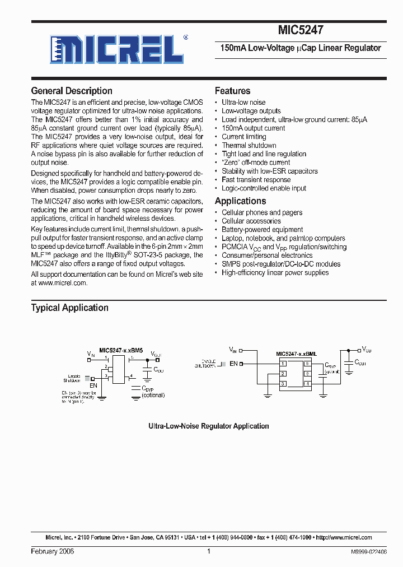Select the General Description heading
pyautogui.click(x=72, y=91)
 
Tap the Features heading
pyautogui.click(x=233, y=91)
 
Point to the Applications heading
pyautogui.click(x=241, y=201)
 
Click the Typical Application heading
pyautogui.click(x=70, y=308)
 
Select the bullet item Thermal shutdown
pyautogui.click(x=249, y=145)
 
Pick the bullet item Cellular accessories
pyautogui.click(x=255, y=221)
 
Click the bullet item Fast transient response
pyautogui.click(x=256, y=179)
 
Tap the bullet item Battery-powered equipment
pyautogui.click(x=262, y=230)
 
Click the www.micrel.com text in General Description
pyautogui.click(x=63, y=283)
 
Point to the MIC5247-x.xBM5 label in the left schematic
pyautogui.click(x=121, y=350)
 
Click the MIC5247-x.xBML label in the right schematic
pyautogui.click(x=296, y=354)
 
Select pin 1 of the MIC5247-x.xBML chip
pyautogui.click(x=283, y=364)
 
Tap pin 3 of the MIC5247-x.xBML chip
pyautogui.click(x=283, y=384)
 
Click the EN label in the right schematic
pyautogui.click(x=233, y=364)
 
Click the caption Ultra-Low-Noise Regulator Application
pyautogui.click(x=208, y=426)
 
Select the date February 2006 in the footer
pyautogui.click(x=52, y=551)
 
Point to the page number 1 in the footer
pyautogui.click(x=208, y=551)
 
